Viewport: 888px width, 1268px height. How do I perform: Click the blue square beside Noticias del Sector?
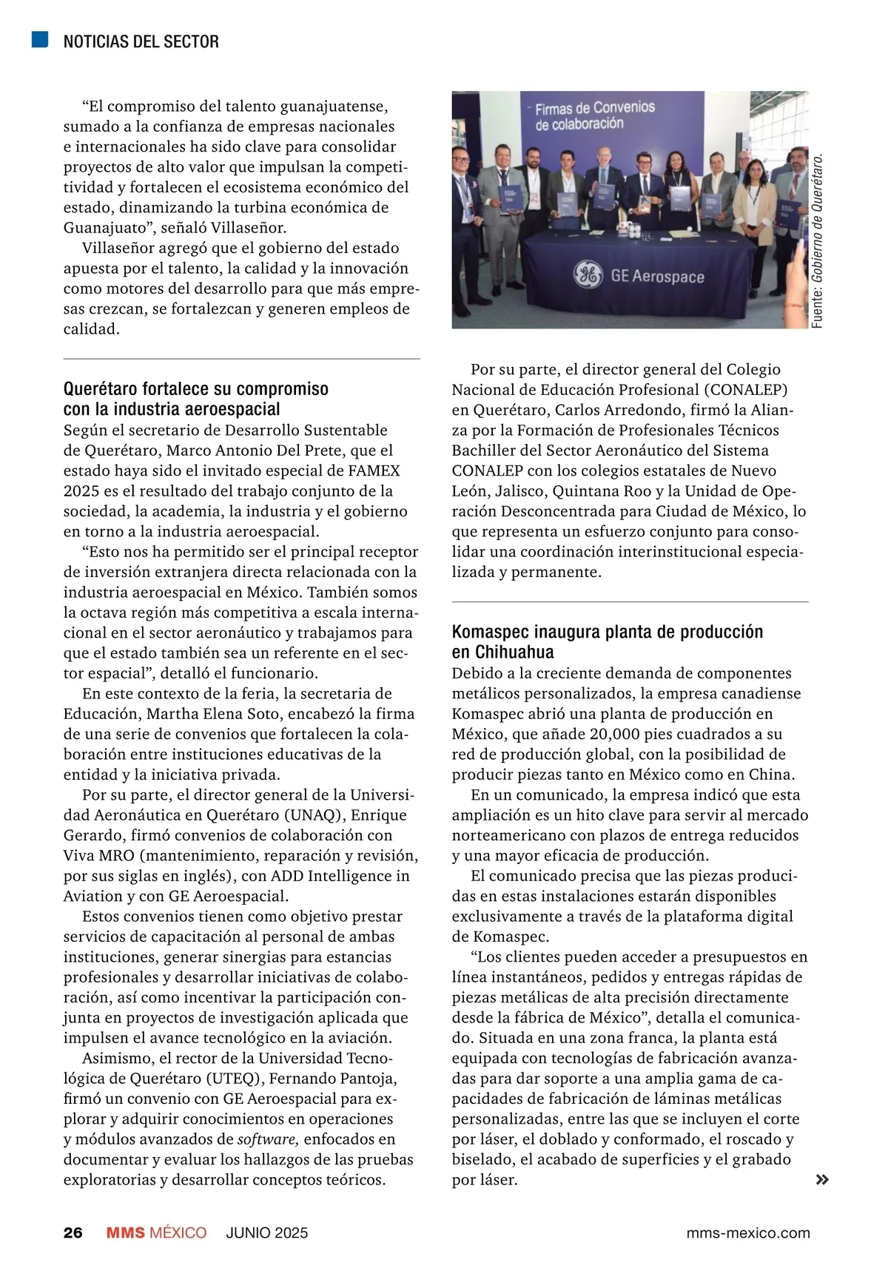coord(40,40)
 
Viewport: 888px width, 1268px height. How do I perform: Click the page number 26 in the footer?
coord(73,1232)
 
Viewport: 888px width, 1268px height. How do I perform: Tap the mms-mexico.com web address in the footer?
coord(748,1232)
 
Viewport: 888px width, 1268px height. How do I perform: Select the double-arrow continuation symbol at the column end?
coord(821,1180)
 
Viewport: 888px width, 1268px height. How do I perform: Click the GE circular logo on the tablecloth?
coord(588,276)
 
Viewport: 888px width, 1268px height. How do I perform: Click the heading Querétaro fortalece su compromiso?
coord(196,389)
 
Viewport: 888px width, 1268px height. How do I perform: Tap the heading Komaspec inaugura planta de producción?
coord(607,632)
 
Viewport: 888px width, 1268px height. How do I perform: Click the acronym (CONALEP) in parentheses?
coord(745,390)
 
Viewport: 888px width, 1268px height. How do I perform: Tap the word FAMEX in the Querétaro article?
coord(374,471)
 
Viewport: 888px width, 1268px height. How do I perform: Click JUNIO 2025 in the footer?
coord(267,1232)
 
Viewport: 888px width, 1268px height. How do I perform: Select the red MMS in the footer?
coord(126,1232)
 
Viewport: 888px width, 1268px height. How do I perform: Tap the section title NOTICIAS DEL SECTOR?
coord(141,41)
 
